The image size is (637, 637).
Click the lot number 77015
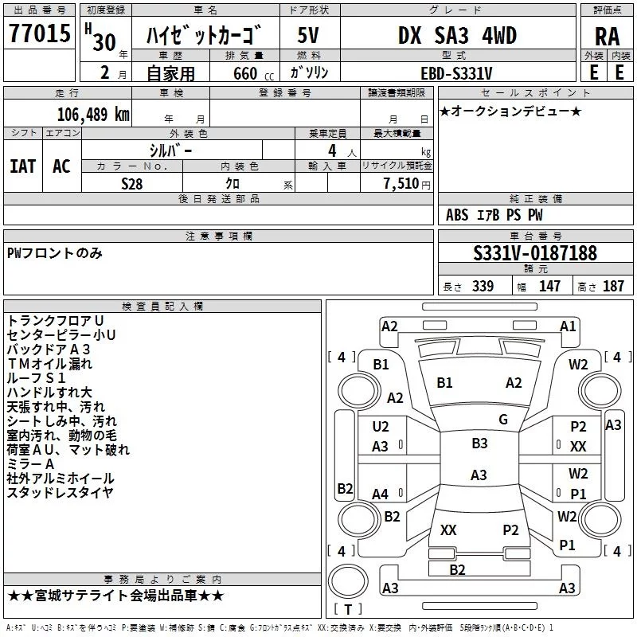coord(41,35)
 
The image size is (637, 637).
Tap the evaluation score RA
coord(607,37)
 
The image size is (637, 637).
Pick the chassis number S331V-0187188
coord(535,253)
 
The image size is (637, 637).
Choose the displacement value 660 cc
coord(243,73)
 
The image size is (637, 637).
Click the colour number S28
coord(131,184)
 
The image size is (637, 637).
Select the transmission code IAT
coord(22,166)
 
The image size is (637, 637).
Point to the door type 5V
coord(310,36)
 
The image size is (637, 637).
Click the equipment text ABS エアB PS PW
coord(494,214)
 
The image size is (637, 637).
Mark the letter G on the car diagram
coord(503,420)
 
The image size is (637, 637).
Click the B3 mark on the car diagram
coord(479,444)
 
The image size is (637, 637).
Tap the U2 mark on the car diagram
coord(381,427)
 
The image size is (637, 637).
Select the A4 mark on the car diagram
coord(381,494)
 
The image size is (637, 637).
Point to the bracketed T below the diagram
coord(347,609)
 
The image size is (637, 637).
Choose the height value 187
coord(614,287)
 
